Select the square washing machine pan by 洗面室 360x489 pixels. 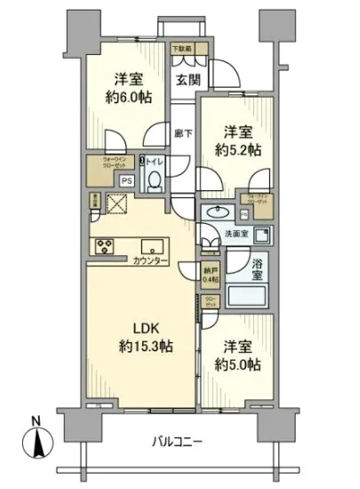(x=260, y=236)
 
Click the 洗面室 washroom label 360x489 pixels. (x=236, y=235)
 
